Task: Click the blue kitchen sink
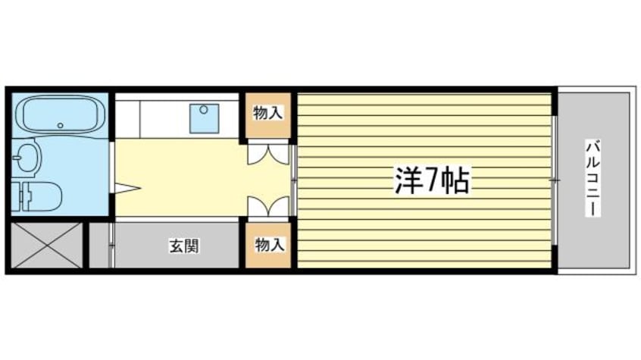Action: pyautogui.click(x=203, y=116)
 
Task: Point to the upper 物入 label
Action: pyautogui.click(x=267, y=114)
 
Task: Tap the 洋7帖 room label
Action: pyautogui.click(x=430, y=180)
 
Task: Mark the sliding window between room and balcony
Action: pyautogui.click(x=555, y=180)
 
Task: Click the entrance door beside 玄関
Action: pyautogui.click(x=111, y=245)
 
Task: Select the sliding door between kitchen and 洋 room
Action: pyautogui.click(x=293, y=180)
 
